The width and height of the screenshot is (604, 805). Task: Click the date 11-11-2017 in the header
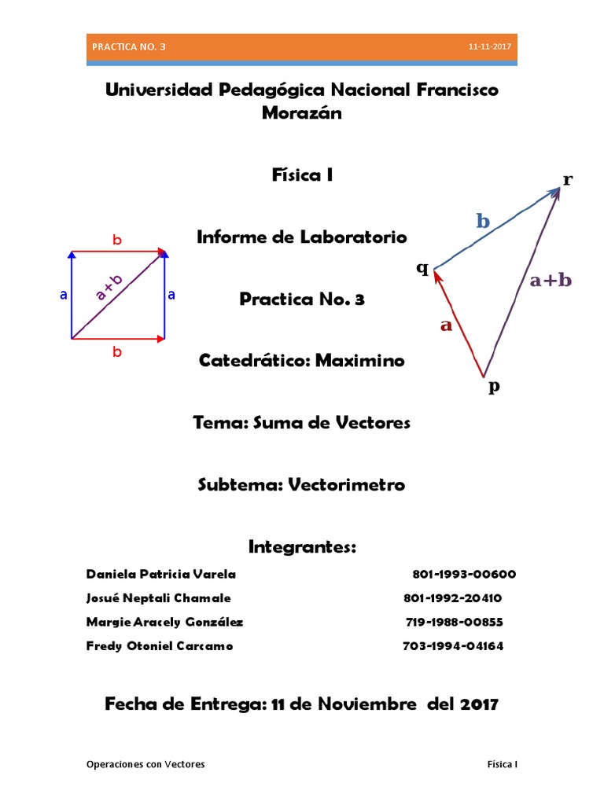coord(489,47)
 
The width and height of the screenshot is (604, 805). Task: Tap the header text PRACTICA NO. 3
coord(129,47)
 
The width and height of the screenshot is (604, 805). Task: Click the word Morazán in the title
coord(302,113)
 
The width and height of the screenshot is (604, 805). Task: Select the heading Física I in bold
coord(302,175)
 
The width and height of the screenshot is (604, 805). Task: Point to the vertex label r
coord(567,179)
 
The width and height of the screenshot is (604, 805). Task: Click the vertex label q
coord(422,269)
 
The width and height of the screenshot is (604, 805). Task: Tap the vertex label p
coord(494,386)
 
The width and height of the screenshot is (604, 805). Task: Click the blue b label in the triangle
coord(483,222)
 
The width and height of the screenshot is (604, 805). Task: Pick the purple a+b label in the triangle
coord(551,280)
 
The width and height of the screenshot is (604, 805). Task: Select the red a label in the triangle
coord(447,325)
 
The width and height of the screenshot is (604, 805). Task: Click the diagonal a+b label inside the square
coord(109,289)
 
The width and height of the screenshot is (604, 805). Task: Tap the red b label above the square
coord(117,241)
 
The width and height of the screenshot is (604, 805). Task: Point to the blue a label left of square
coord(63,295)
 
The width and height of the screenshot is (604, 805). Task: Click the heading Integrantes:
coord(302,546)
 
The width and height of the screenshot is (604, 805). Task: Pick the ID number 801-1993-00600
coord(464,574)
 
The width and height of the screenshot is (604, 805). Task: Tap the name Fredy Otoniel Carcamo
coord(160,646)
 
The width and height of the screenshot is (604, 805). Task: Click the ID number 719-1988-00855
coord(454,622)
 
